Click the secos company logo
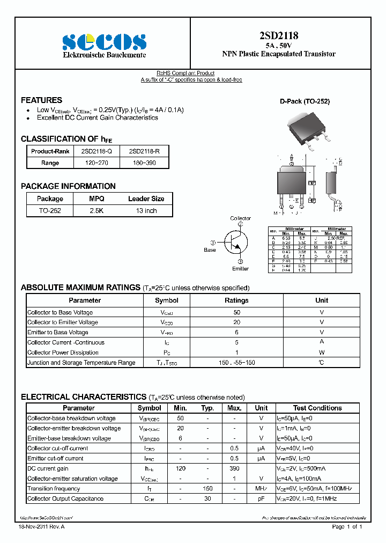104,42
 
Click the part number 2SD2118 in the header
279,36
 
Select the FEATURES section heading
41,100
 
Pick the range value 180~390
143,163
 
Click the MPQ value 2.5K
96,211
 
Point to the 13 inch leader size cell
146,211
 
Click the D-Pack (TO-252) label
305,101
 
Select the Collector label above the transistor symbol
240,218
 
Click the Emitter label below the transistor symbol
240,268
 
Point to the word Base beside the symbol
210,250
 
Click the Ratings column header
236,300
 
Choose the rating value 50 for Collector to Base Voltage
236,312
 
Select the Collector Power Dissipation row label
63,353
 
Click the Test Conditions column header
317,408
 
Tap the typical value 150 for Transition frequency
207,489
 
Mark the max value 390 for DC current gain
234,468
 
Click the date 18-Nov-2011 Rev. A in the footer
42,527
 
